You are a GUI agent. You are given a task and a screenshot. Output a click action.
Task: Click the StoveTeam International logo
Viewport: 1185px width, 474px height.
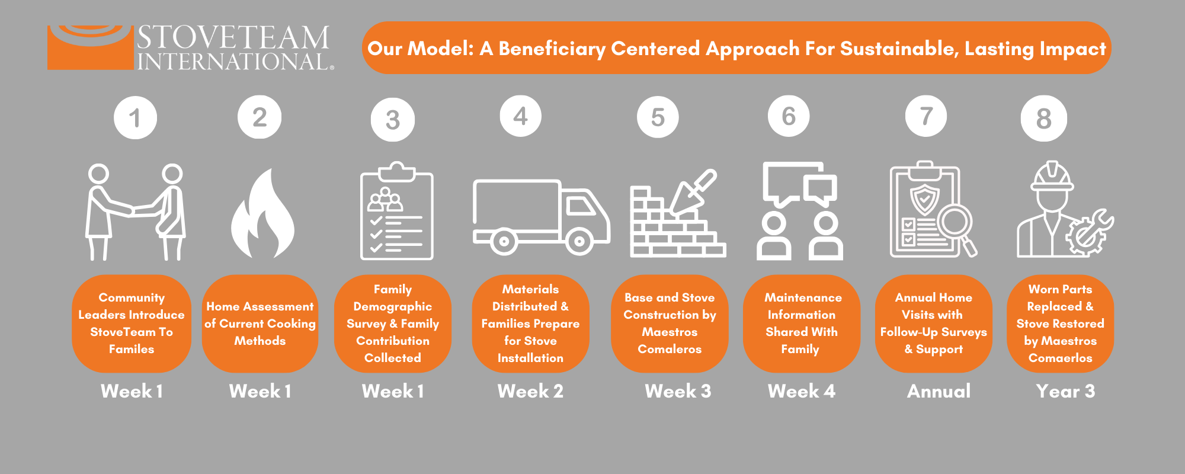[x=190, y=47]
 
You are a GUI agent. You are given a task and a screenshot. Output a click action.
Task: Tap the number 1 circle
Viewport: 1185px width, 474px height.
[x=135, y=118]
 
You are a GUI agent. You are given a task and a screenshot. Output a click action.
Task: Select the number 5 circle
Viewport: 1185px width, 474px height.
[x=658, y=117]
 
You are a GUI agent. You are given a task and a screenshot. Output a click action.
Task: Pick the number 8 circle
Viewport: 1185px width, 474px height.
[x=1043, y=118]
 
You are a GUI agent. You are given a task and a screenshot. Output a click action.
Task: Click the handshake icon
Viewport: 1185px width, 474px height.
[x=136, y=212]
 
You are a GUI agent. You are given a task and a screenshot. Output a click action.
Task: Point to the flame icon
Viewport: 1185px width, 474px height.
[x=262, y=214]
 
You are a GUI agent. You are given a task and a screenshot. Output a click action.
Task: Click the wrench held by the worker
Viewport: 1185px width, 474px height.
[x=1093, y=231]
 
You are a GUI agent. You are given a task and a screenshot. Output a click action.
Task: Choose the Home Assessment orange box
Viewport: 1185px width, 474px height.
[x=260, y=324]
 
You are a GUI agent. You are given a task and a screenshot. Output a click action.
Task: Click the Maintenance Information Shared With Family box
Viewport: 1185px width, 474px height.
[x=802, y=324]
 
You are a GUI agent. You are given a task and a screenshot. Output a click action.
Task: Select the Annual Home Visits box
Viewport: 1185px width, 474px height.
[x=933, y=324]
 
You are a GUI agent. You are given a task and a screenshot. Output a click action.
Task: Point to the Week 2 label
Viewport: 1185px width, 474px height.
[x=530, y=391]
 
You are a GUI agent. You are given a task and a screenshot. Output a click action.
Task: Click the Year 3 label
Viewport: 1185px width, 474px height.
[x=1065, y=391]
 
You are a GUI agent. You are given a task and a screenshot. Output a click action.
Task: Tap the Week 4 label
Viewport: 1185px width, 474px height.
[x=801, y=391]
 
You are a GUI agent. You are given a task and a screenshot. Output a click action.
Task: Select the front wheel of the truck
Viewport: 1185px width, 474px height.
[x=579, y=241]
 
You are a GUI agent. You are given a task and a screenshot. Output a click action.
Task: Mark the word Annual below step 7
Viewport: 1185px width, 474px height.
[x=939, y=391]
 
